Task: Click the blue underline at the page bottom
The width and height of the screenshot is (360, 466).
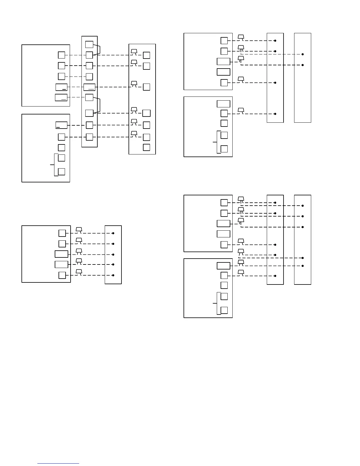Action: pos(58,464)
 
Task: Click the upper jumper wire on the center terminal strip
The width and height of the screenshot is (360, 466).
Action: pos(100,49)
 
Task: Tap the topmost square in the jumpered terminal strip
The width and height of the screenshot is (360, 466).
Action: pos(89,44)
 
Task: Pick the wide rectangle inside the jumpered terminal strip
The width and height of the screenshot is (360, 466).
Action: pos(89,87)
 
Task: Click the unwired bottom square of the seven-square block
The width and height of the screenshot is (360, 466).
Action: pos(146,147)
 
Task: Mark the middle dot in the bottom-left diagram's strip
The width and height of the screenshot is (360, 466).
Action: pos(113,254)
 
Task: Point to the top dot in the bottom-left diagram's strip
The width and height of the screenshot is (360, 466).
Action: pos(113,233)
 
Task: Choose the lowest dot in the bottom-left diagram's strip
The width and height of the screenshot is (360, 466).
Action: pos(113,275)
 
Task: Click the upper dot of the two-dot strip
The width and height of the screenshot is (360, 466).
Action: pos(303,54)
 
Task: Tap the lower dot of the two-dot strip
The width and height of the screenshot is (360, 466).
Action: pos(303,65)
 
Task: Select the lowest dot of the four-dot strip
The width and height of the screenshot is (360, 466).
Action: pos(275,114)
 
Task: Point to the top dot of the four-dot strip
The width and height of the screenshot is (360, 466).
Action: pos(275,41)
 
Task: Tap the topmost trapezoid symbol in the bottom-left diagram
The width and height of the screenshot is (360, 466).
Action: pos(79,229)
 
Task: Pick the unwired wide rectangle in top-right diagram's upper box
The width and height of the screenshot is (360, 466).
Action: pos(224,72)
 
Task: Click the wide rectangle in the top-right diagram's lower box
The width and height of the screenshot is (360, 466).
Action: pos(224,104)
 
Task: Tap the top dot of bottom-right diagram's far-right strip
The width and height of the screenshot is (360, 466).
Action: pos(303,206)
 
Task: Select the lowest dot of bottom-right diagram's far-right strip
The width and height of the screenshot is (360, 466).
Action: pos(303,266)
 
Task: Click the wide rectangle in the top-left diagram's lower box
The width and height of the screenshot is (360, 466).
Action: pos(61,125)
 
